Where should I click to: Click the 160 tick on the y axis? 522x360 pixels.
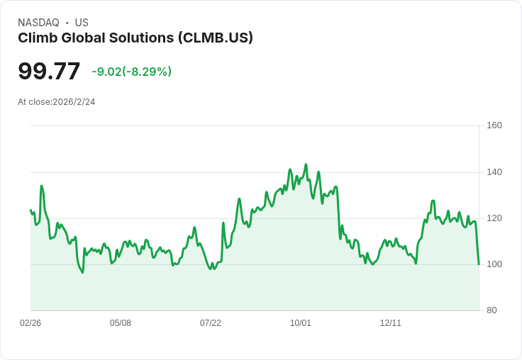[494, 125]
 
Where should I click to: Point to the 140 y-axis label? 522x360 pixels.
[494, 172]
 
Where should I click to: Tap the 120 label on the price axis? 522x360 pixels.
[494, 218]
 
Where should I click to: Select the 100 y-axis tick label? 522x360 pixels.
[494, 264]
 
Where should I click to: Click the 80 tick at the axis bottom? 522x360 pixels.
[491, 310]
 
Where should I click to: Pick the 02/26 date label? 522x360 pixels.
[30, 323]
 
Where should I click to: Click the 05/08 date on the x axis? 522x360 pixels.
[121, 323]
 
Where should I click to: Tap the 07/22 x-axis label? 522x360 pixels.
[211, 323]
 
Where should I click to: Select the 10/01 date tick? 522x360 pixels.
[301, 323]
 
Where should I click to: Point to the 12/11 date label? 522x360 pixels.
[391, 323]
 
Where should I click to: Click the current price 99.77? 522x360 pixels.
[49, 72]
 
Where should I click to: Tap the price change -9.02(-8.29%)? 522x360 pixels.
[132, 72]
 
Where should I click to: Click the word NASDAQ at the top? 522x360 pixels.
[38, 23]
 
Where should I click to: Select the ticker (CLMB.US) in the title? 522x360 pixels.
[216, 38]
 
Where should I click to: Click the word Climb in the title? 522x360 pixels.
[35, 38]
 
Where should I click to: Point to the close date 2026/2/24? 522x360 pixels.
[74, 102]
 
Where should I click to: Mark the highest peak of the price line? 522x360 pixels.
[306, 164]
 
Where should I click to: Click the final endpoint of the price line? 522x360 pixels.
[479, 264]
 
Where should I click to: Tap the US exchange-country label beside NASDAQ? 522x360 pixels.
[82, 23]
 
